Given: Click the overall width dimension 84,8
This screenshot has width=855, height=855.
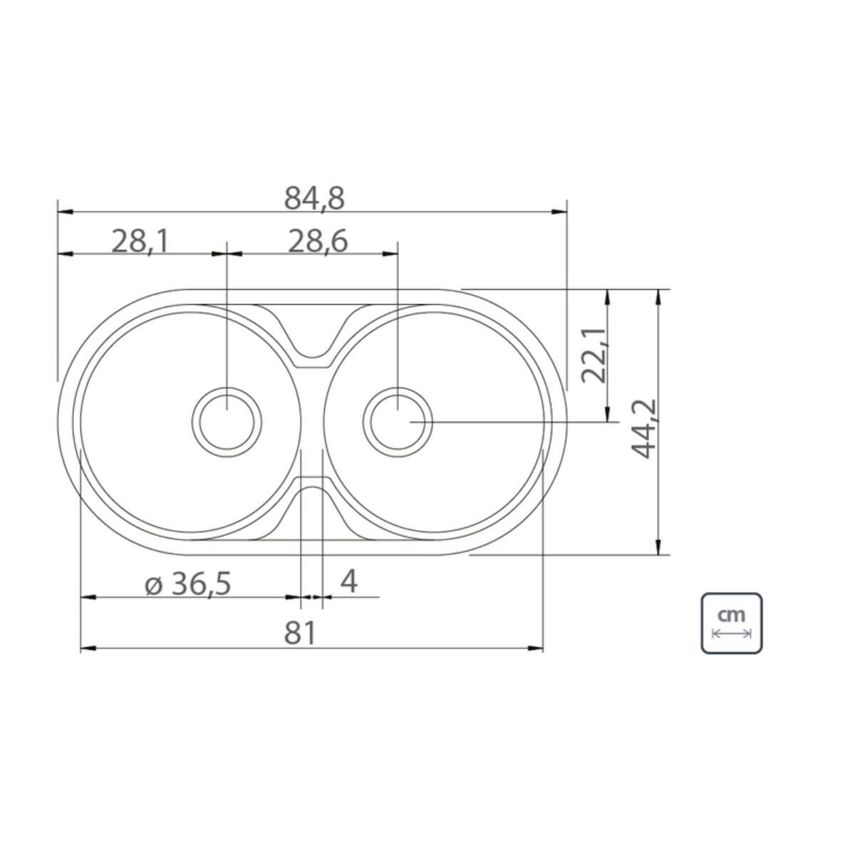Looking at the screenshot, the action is coord(314,198).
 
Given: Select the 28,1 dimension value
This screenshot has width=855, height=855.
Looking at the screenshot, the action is coord(140,242).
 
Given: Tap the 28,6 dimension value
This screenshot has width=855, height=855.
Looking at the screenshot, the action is coord(318,242).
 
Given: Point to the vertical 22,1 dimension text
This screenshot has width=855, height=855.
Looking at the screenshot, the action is coord(594,356).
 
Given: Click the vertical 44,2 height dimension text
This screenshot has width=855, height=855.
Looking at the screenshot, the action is coord(643,429).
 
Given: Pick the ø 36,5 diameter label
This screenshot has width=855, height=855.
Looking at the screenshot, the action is coord(187,584).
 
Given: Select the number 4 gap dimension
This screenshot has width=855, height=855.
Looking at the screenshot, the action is coord(348,581).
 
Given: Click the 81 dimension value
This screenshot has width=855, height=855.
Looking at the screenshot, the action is coord(300,633).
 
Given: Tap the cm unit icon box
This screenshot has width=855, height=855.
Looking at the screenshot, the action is coord(732,623).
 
